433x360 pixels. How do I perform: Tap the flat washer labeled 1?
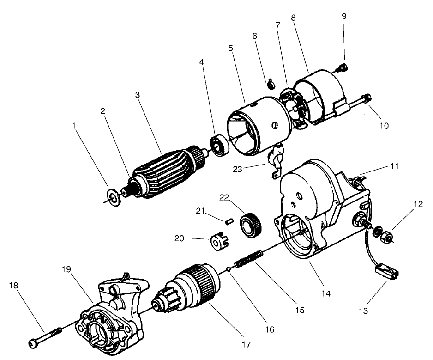[x=113, y=195]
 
